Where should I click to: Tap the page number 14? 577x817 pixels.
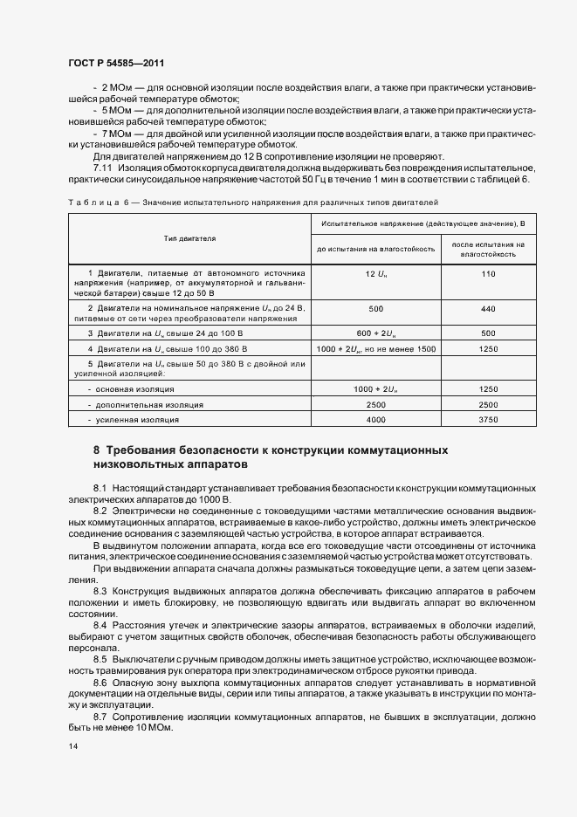72,746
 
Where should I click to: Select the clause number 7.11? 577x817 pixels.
103,167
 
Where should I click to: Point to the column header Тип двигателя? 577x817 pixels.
189,237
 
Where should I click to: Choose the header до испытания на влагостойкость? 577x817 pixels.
375,249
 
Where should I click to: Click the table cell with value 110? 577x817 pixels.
488,274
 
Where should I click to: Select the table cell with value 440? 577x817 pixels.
488,309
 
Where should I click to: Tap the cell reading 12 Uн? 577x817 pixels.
375,274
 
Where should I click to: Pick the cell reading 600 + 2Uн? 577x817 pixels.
375,333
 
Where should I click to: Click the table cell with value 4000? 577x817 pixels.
375,420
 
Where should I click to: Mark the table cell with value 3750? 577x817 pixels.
488,420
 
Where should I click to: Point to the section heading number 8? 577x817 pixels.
97,450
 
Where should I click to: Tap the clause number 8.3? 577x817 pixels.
100,592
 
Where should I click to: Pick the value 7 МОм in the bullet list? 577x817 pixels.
115,134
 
